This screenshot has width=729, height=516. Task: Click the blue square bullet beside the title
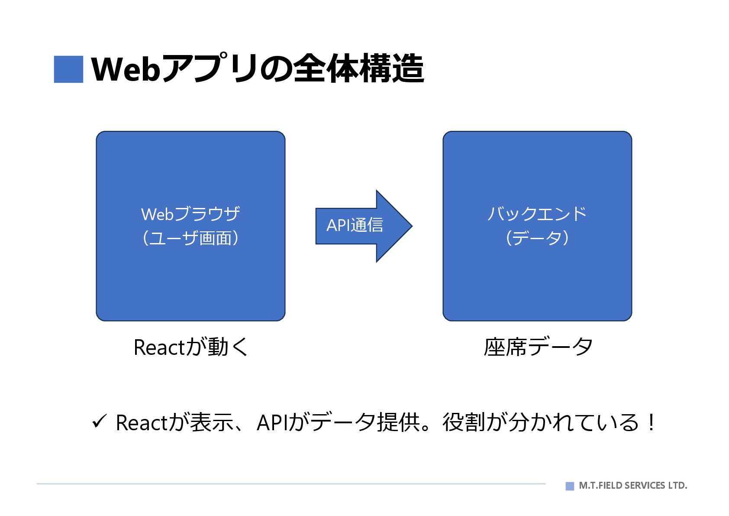tap(68, 69)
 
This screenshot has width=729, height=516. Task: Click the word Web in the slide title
tap(126, 69)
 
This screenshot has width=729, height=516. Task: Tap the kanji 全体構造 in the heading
tap(358, 68)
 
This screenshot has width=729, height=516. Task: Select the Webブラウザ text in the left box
tap(190, 214)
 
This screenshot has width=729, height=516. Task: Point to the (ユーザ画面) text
tap(190, 238)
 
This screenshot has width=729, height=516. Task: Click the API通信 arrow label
tap(355, 225)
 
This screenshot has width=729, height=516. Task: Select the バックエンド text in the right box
tap(537, 214)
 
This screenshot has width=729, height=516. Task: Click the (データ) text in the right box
tap(537, 238)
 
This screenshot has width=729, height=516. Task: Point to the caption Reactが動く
tap(190, 347)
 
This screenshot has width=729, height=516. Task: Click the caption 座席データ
tap(538, 347)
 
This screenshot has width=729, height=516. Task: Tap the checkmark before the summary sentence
tap(99, 421)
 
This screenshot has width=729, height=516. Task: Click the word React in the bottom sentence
tap(141, 423)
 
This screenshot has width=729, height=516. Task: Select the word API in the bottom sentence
tap(272, 423)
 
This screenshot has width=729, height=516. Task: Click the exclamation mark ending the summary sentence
tap(651, 422)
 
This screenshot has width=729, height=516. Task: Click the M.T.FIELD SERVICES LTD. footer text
tap(632, 486)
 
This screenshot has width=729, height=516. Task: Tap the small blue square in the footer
tap(570, 486)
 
